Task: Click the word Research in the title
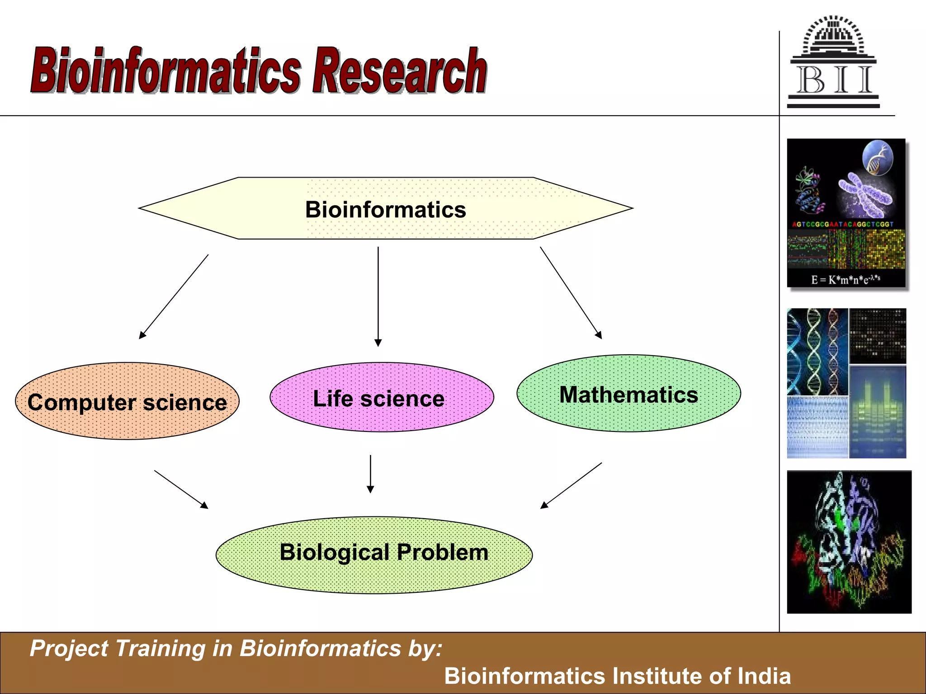tap(400, 71)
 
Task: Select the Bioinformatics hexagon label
tap(385, 210)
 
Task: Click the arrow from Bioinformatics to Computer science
tap(174, 297)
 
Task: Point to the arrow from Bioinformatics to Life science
tap(378, 296)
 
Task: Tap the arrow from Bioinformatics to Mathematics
tap(571, 292)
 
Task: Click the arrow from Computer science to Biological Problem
tap(181, 489)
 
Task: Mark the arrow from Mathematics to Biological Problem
tap(571, 485)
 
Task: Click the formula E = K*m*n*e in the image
tap(845, 279)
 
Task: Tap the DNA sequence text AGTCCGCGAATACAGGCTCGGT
tap(842, 224)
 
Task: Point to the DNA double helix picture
tap(817, 352)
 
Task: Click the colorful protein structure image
tap(849, 542)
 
